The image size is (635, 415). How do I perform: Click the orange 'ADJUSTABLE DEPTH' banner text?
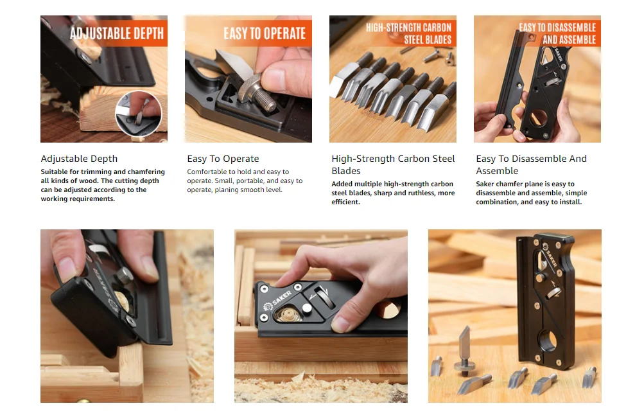117,33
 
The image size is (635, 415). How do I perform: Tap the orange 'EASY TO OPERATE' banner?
265,33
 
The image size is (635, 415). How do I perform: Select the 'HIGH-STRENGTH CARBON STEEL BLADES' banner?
408,33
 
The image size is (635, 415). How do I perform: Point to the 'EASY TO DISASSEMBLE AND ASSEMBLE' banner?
557,33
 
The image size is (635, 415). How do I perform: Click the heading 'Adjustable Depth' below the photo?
79,159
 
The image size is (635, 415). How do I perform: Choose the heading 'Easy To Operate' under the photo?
223,159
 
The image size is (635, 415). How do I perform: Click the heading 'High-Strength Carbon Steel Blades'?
393,164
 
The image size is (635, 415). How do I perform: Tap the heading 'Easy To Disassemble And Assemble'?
531,164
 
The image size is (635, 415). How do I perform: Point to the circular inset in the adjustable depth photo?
139,114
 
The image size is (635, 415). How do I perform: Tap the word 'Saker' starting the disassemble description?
485,184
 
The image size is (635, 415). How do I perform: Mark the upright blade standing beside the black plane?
464,351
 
